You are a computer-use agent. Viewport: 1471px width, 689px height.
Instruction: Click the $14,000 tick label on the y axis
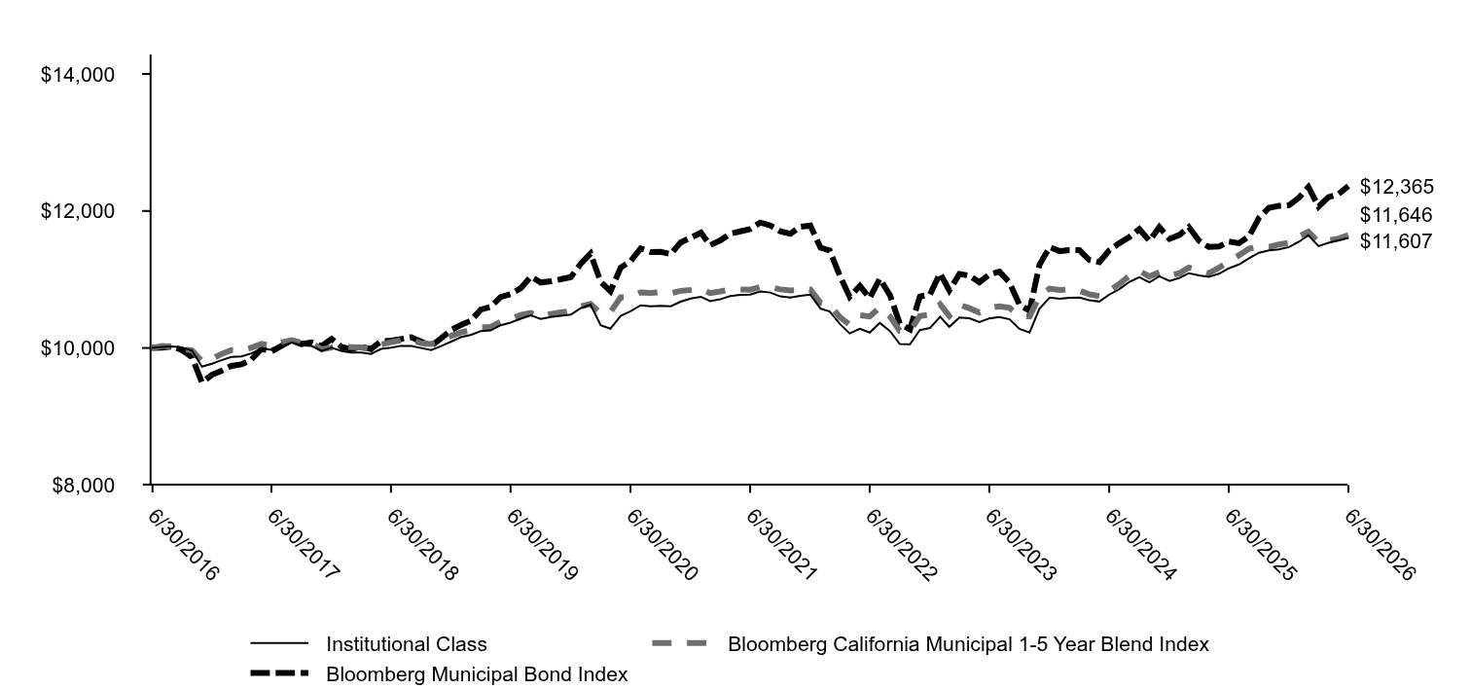pos(78,75)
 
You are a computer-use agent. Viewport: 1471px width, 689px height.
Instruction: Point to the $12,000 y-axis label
pos(78,211)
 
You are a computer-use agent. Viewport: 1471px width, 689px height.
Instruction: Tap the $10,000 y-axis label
pos(78,348)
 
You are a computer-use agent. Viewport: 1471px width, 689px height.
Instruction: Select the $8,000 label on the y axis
pos(84,486)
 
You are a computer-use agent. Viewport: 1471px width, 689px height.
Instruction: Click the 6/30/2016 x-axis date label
pos(183,545)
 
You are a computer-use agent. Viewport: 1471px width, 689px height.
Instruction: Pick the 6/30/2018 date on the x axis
pos(421,545)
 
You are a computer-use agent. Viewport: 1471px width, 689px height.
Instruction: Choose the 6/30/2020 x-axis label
pos(662,545)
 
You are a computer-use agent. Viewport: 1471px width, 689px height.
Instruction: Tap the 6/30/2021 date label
pos(781,545)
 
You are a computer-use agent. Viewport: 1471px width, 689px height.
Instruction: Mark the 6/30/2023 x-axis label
pos(1020,545)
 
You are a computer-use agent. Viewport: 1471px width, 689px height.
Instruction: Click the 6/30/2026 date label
pos(1380,545)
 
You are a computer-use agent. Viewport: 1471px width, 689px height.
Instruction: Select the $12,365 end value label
pos(1396,187)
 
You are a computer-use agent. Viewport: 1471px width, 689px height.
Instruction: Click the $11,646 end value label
pos(1396,215)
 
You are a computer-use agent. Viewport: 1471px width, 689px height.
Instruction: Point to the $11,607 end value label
pos(1396,241)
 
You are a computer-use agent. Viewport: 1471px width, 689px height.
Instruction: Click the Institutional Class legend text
pos(407,644)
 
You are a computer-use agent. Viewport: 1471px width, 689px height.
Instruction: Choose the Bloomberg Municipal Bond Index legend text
pos(477,674)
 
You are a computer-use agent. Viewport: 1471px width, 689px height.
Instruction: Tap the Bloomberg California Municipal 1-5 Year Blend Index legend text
pos(968,644)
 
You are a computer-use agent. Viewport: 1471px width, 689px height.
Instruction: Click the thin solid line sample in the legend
pos(279,643)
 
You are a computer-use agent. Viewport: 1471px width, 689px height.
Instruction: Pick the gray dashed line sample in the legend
pos(680,643)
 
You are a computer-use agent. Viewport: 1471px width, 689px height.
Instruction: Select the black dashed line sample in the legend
pos(279,673)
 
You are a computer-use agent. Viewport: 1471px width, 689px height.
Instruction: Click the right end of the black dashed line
pos(1347,187)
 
